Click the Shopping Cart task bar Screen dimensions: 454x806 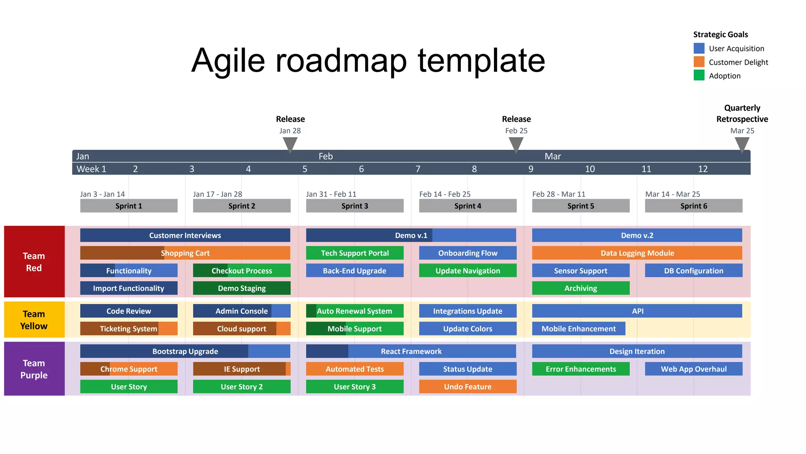click(185, 253)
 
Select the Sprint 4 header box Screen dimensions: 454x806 click(468, 206)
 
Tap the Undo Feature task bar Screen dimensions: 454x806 click(468, 387)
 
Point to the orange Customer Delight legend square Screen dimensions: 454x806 click(699, 62)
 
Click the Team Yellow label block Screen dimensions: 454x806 click(34, 320)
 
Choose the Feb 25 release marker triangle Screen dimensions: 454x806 click(516, 144)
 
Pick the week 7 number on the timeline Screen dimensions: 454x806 click(418, 169)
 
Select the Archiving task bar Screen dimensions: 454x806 click(580, 288)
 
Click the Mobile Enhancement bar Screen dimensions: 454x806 click(579, 329)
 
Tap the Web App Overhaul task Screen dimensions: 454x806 click(693, 369)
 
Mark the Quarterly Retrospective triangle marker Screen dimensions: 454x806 click(742, 144)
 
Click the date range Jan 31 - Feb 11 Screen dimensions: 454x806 click(331, 194)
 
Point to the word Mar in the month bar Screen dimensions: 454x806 click(553, 156)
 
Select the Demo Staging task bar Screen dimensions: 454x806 click(242, 288)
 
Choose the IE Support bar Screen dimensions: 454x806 click(242, 369)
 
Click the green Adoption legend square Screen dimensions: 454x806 click(699, 75)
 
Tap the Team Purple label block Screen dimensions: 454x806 click(34, 369)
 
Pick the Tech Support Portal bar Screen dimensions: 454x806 click(355, 253)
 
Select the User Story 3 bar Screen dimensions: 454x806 click(355, 387)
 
